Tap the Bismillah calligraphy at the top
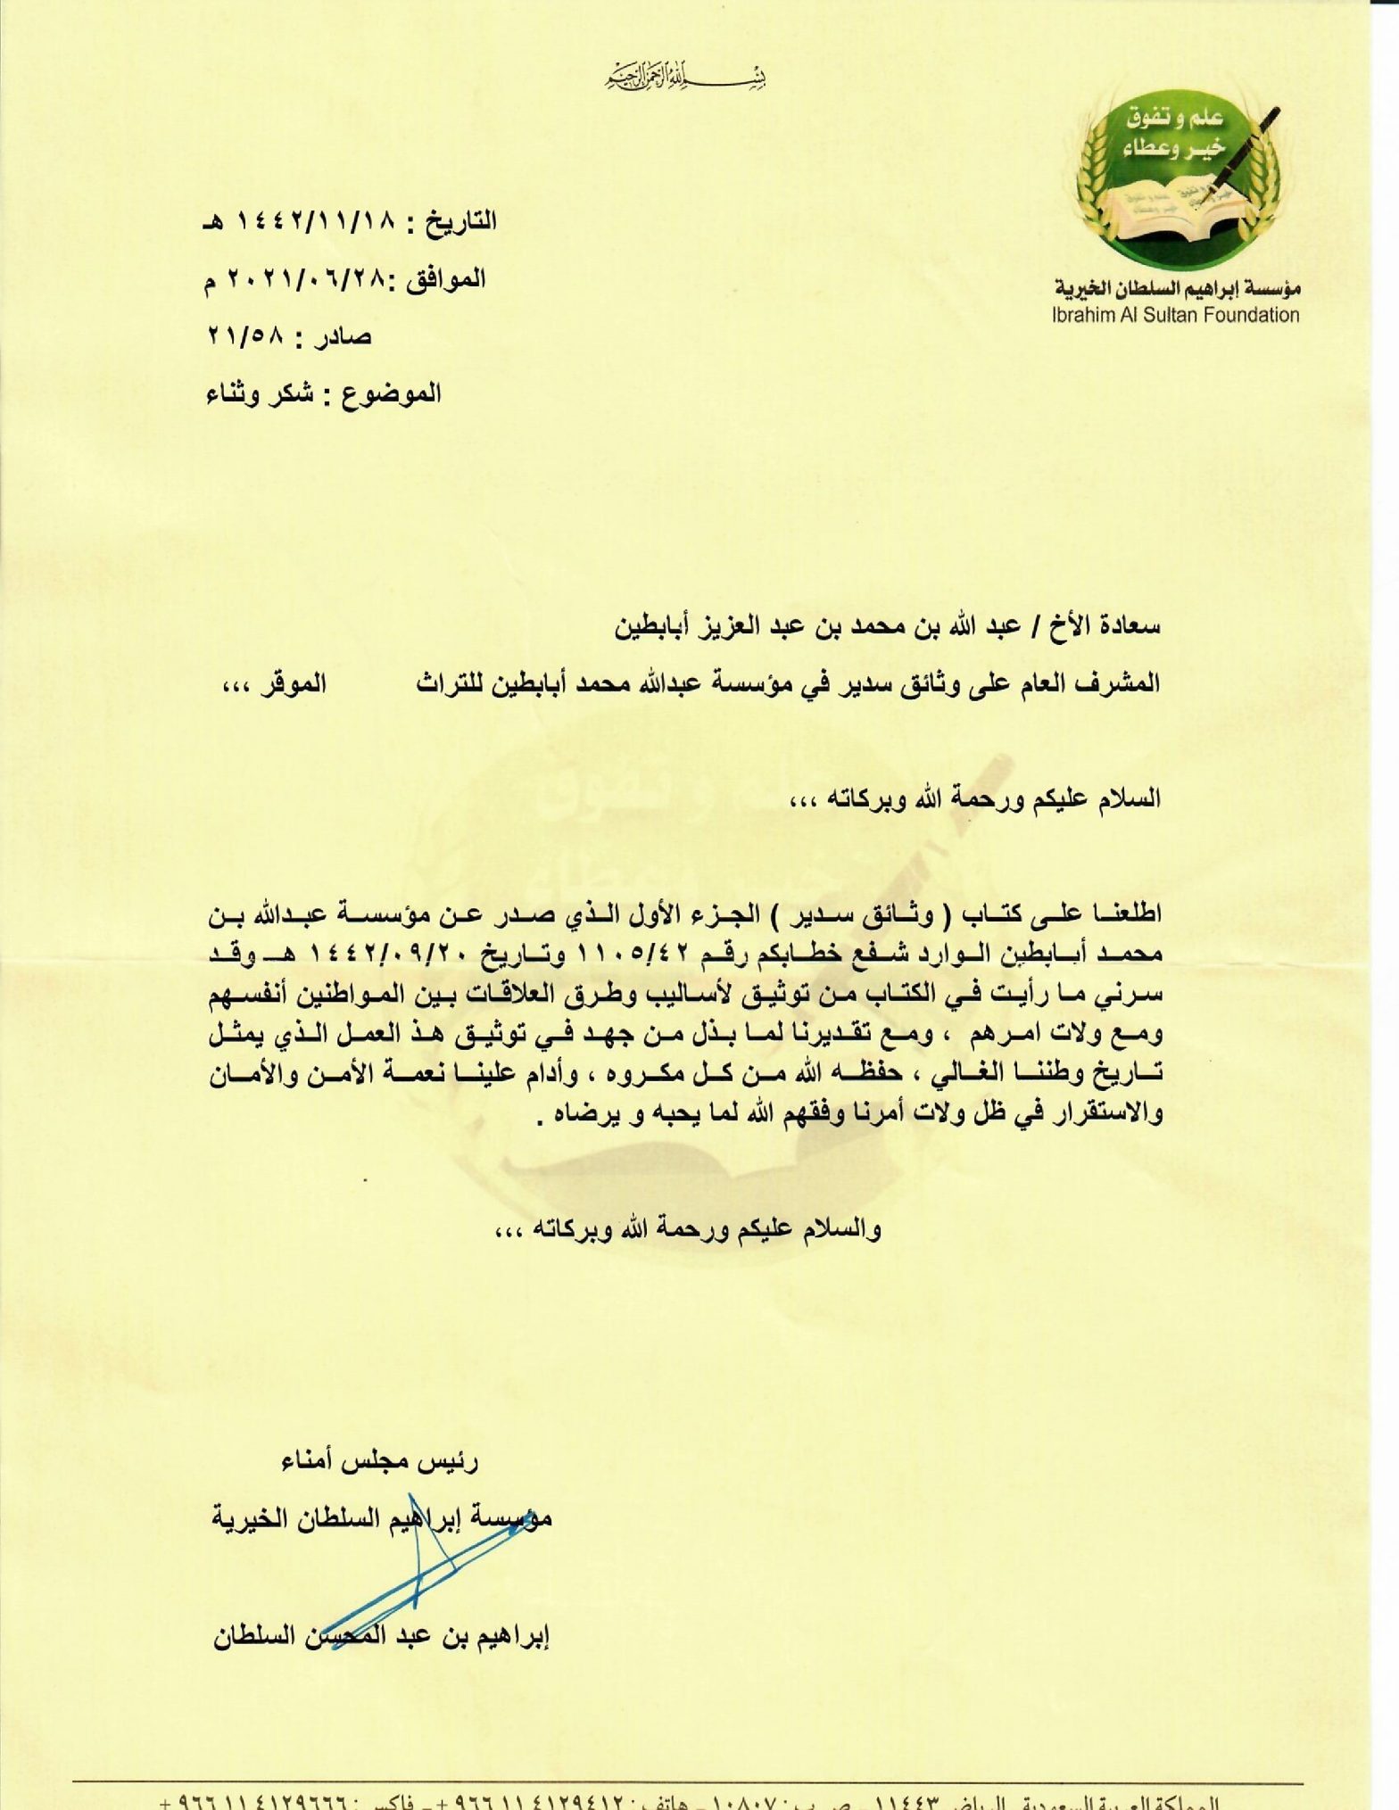pyautogui.click(x=684, y=79)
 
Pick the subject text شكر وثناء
pyautogui.click(x=259, y=393)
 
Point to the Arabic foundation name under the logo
pyautogui.click(x=1177, y=288)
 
